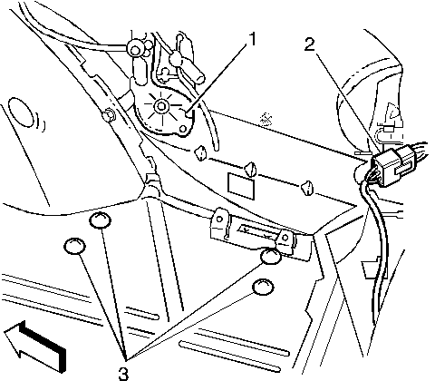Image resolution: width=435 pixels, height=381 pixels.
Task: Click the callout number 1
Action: pyautogui.click(x=252, y=39)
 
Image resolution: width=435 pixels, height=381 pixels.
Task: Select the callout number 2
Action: pyautogui.click(x=310, y=45)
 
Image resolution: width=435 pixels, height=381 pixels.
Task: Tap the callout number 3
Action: pyautogui.click(x=123, y=374)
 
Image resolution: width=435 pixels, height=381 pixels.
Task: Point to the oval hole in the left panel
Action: pyautogui.click(x=22, y=112)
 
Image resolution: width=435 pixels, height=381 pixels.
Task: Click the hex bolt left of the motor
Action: pyautogui.click(x=109, y=115)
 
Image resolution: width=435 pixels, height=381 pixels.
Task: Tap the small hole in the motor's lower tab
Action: pyautogui.click(x=183, y=129)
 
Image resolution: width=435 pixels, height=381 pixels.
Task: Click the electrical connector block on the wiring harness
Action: pyautogui.click(x=393, y=165)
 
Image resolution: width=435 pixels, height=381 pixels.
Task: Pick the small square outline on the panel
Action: pyautogui.click(x=241, y=186)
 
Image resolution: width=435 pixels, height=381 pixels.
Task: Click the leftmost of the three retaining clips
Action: pyautogui.click(x=200, y=153)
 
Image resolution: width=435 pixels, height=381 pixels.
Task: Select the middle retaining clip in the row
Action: pyautogui.click(x=250, y=170)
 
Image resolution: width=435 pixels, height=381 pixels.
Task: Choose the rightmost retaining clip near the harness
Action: pyautogui.click(x=307, y=188)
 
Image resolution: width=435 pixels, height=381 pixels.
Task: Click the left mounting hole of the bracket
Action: pyautogui.click(x=219, y=219)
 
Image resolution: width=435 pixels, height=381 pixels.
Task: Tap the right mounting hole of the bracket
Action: pyautogui.click(x=285, y=238)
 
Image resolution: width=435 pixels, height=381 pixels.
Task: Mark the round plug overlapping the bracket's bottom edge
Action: pyautogui.click(x=270, y=256)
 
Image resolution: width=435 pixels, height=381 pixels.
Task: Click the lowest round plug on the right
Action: pyautogui.click(x=264, y=287)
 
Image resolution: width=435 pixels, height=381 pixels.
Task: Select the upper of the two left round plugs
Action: pyautogui.click(x=100, y=220)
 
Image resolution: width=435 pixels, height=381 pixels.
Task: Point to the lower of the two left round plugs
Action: pyautogui.click(x=74, y=246)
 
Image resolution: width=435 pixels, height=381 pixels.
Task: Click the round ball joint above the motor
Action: pyautogui.click(x=134, y=48)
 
